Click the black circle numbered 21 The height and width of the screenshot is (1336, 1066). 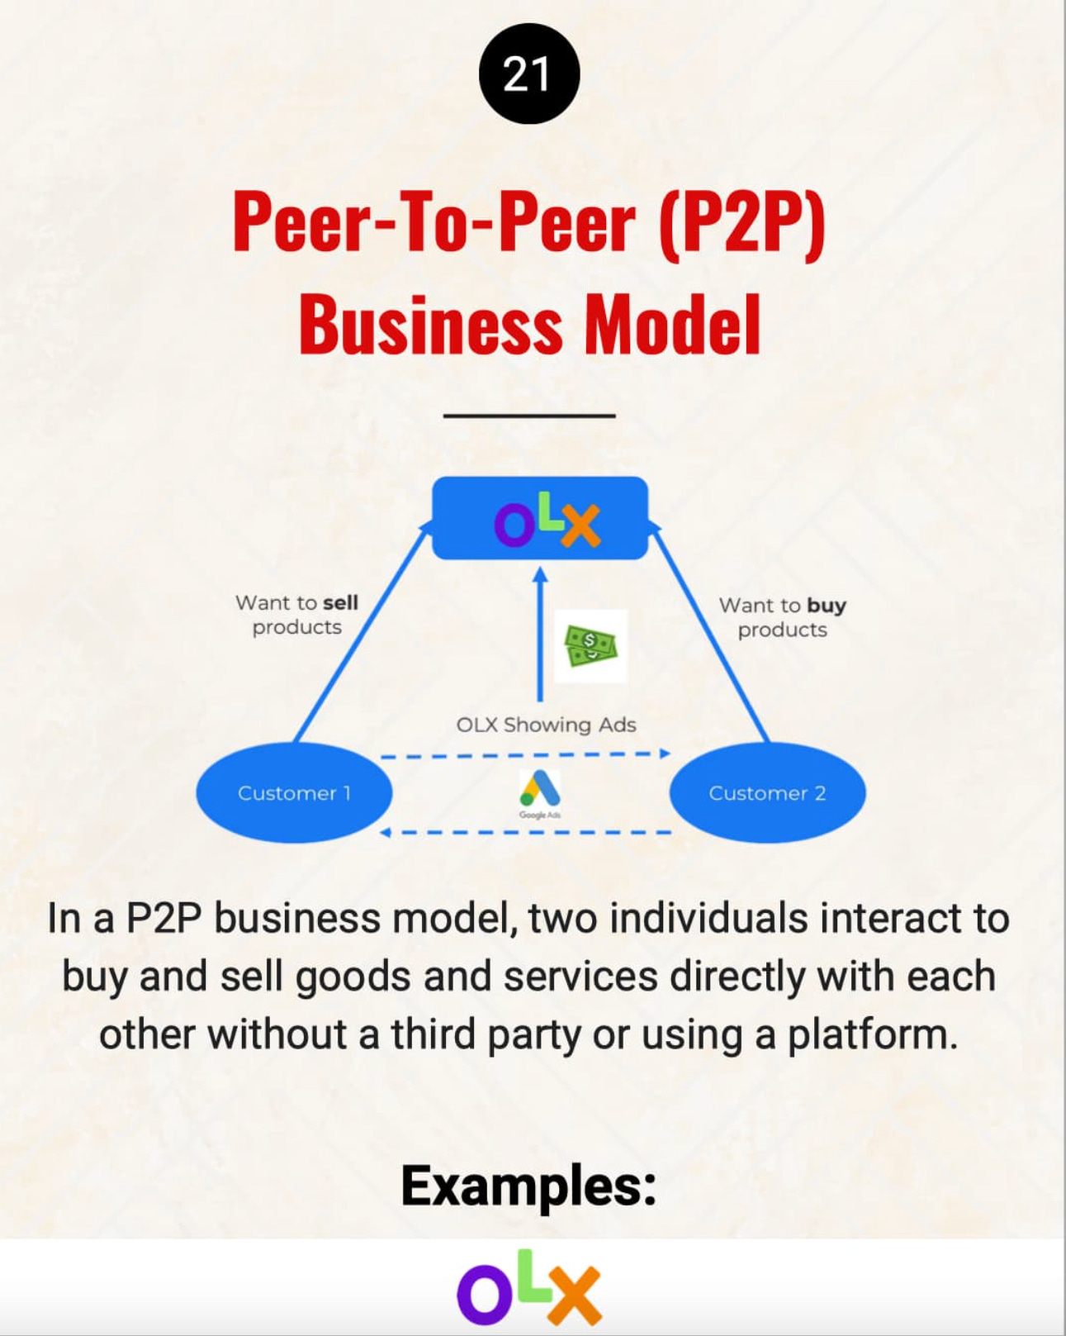coord(529,74)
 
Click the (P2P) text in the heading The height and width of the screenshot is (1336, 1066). coord(741,221)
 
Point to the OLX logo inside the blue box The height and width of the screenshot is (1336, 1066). coord(547,521)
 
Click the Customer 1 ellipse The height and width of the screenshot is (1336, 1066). coord(294,792)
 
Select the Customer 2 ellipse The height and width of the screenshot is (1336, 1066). coord(767,792)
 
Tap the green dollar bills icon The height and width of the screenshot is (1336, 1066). coord(590,646)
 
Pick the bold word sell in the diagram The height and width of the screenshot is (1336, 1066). coord(340,602)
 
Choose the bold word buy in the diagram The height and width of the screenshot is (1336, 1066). coord(827,605)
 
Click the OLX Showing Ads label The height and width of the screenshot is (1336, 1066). coord(546,725)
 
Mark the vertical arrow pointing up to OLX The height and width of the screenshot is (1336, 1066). coord(540,636)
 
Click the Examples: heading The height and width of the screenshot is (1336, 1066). coord(528,1186)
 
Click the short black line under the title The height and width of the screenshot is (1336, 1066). coord(529,415)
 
